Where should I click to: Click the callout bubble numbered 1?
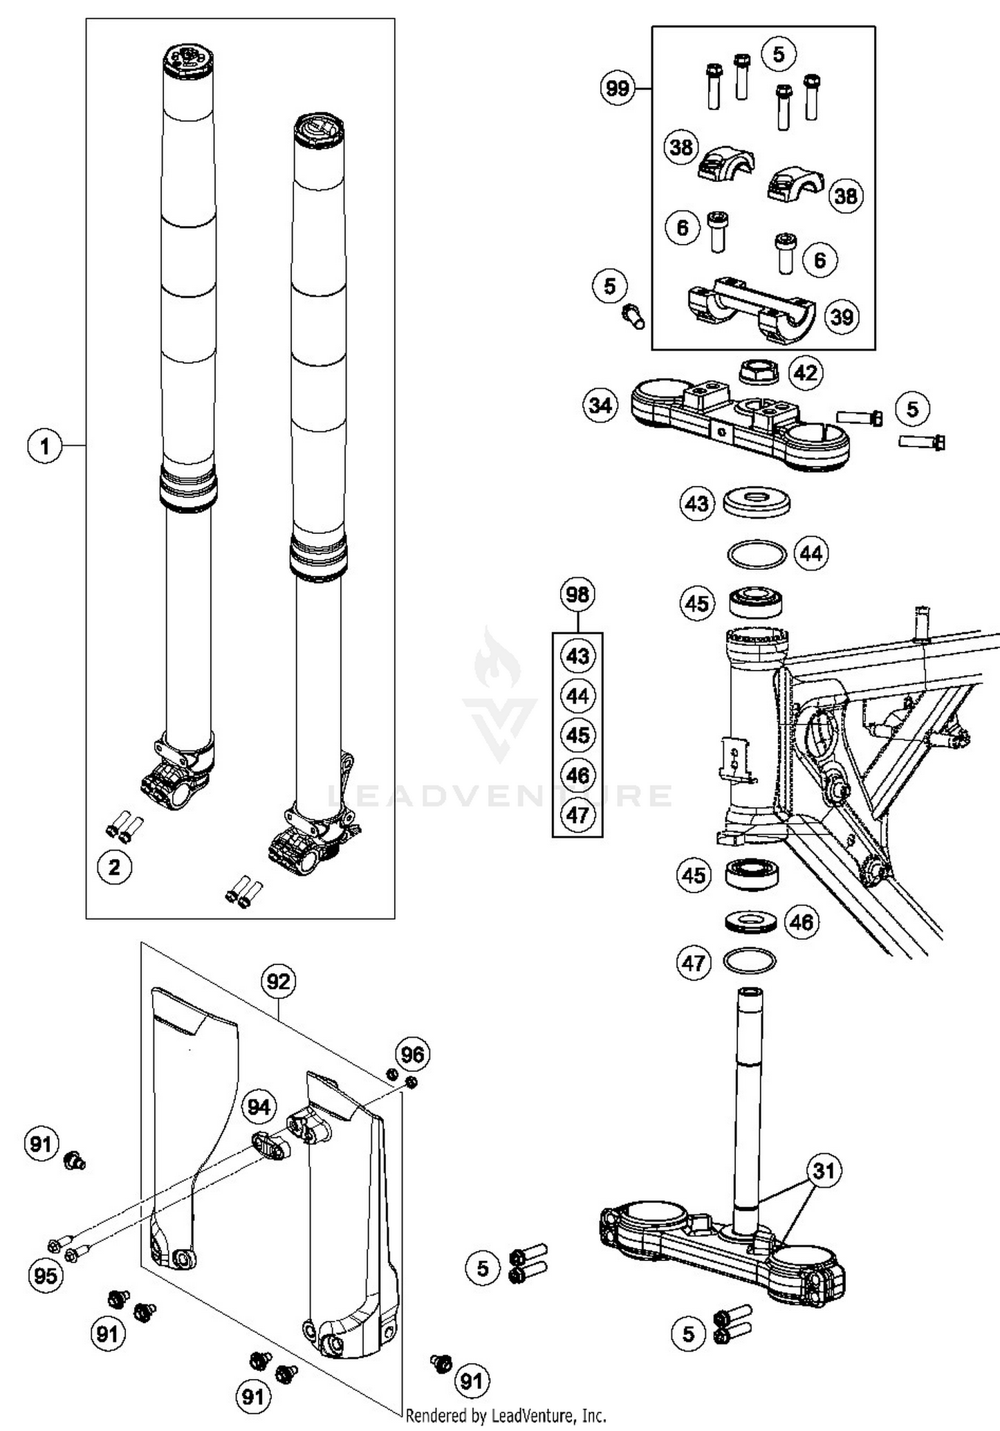45,445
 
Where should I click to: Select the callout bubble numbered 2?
114,867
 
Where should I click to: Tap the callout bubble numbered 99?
617,88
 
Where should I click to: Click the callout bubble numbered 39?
842,317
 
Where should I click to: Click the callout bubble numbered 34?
600,405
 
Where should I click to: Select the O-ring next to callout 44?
756,554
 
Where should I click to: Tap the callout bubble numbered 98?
577,594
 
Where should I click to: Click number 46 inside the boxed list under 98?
577,775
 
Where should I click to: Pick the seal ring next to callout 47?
749,961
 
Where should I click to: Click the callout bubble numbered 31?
824,1170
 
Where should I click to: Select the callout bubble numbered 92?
278,982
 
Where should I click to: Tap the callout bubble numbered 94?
259,1107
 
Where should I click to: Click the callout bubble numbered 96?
412,1054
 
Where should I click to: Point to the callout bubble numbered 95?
45,1276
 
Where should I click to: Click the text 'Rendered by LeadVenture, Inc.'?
505,1415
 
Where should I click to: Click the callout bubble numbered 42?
805,372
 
